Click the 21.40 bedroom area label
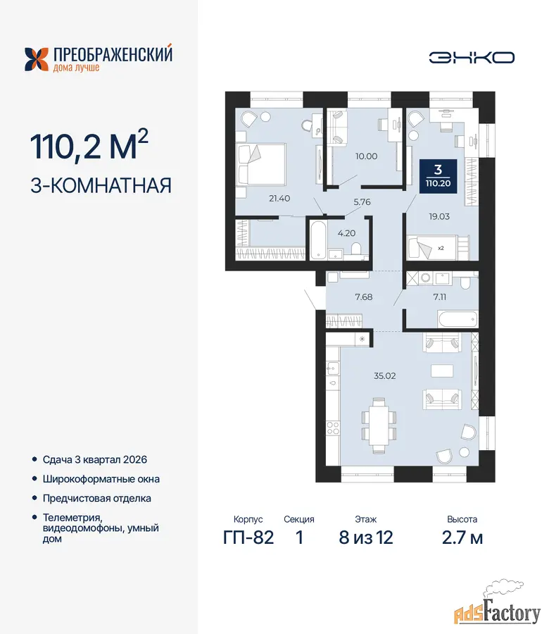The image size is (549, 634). (279, 199)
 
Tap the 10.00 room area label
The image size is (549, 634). (367, 156)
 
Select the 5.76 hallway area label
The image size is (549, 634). (362, 201)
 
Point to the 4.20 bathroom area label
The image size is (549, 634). (346, 233)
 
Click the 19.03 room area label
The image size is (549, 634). (439, 216)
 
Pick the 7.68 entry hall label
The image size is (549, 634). (364, 297)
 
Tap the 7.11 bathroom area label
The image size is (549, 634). (439, 297)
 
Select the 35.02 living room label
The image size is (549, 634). (384, 375)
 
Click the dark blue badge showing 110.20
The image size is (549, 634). (438, 176)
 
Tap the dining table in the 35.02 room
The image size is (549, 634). (379, 425)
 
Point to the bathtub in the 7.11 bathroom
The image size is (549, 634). (458, 319)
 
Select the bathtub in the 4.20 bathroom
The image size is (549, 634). (319, 240)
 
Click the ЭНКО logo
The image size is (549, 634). (472, 58)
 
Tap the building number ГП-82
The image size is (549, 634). (248, 537)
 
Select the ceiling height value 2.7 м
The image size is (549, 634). (462, 537)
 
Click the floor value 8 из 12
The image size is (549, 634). (365, 537)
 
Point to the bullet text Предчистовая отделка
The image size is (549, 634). (97, 498)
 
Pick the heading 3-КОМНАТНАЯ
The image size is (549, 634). (101, 185)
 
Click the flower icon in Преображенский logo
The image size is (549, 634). (37, 60)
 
